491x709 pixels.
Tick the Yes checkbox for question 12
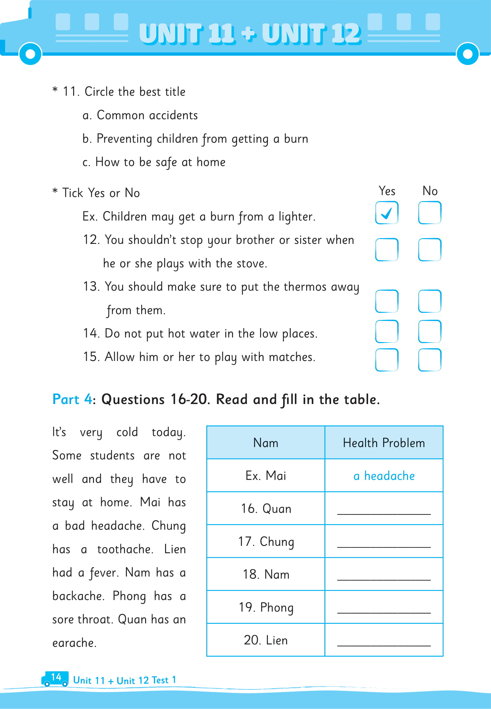387,249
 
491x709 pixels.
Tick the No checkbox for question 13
430,301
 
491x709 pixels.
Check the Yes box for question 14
387,331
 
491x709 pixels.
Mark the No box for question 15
430,359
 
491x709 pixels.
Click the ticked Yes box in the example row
387,213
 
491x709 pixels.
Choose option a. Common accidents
140,115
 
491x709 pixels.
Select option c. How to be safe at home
154,162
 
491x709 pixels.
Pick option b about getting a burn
195,139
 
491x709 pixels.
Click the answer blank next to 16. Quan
384,510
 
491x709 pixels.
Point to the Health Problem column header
384,443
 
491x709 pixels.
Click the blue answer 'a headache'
384,476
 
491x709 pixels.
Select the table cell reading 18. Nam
266,574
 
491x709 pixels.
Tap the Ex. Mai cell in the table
266,476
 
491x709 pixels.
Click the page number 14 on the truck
56,677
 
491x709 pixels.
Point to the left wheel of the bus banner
30,54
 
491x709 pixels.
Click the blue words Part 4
72,399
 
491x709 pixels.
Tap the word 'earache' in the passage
74,643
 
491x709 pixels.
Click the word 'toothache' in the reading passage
125,549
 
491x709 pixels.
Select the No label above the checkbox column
430,191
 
